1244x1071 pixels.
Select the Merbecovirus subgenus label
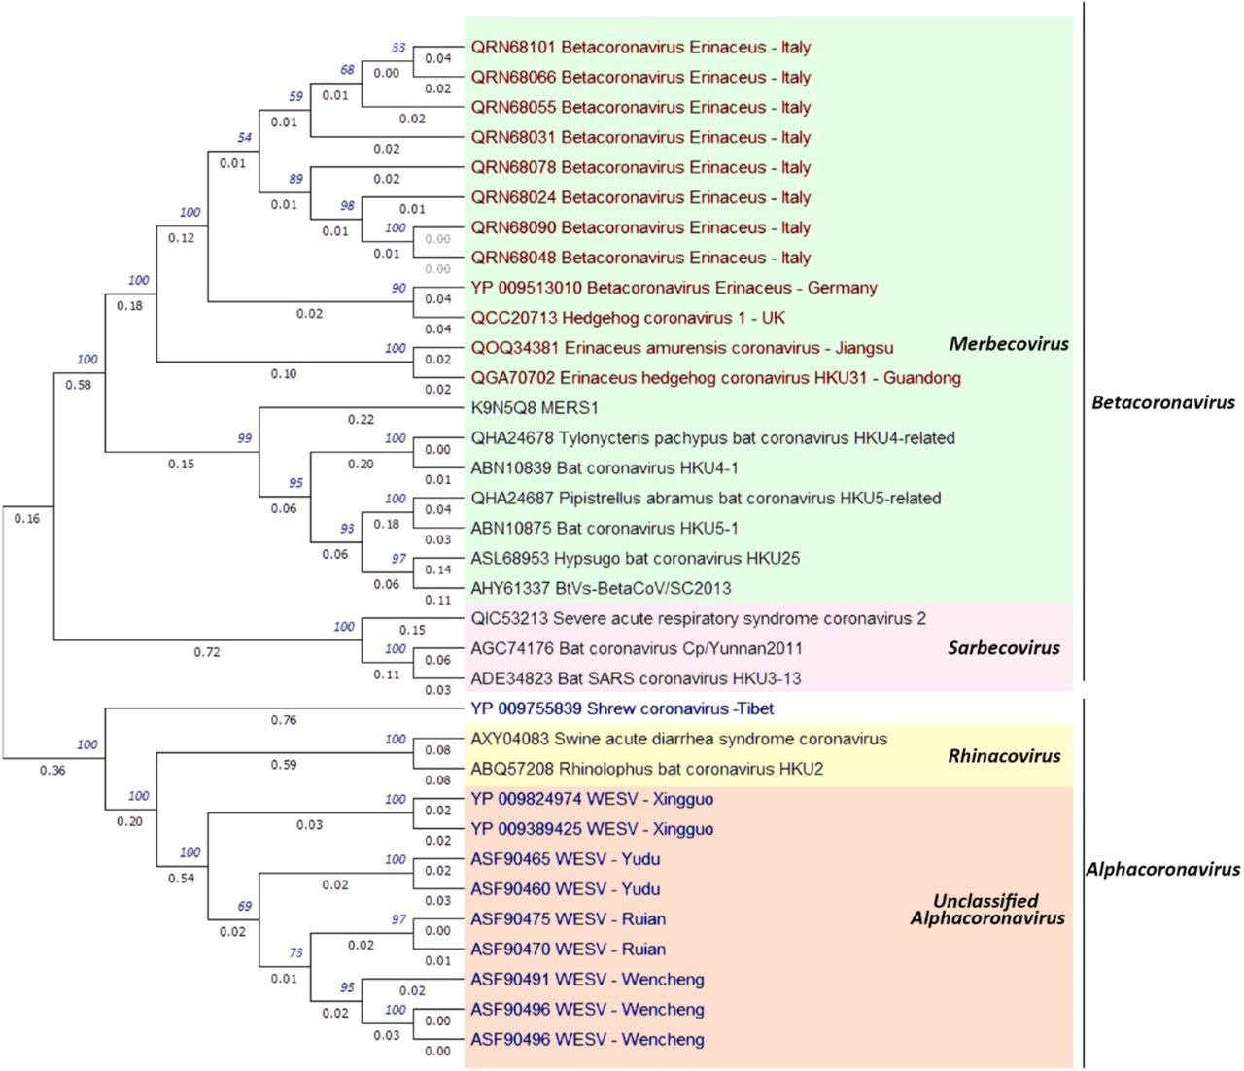pos(1008,344)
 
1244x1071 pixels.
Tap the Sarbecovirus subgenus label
pos(1003,648)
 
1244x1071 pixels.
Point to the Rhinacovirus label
pos(1004,756)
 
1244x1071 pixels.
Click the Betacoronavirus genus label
pos(1162,402)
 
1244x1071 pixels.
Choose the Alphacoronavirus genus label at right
pos(1162,870)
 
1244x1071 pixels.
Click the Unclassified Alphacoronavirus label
pos(986,910)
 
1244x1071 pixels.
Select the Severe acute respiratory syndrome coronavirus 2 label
pos(698,619)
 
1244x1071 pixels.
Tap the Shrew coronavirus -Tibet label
pos(622,709)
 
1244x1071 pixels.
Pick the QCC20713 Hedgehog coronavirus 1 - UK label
pos(628,318)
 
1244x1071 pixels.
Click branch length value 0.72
pos(206,652)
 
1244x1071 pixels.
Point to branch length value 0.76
pos(284,720)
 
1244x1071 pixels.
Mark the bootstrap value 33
pos(398,48)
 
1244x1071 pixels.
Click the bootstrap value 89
pos(295,179)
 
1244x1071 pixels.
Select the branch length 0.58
pos(78,385)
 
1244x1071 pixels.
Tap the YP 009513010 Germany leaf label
pos(674,288)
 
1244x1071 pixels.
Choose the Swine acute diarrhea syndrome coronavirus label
pos(678,740)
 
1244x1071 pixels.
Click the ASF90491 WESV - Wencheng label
pos(587,980)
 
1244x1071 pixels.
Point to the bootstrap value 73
pos(295,953)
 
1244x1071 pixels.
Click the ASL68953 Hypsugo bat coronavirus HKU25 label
pos(635,559)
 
